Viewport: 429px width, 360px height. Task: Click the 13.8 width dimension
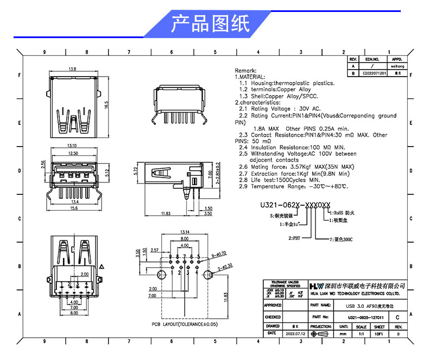point(72,69)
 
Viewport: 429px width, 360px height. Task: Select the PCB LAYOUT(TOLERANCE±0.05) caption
point(184,324)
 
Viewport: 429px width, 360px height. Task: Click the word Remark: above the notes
point(244,71)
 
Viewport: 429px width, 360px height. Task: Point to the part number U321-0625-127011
point(365,317)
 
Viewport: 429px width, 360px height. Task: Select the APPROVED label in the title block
point(273,306)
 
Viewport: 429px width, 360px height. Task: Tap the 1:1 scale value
point(361,333)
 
